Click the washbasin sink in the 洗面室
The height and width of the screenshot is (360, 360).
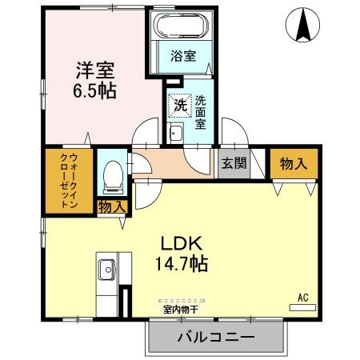coord(177,133)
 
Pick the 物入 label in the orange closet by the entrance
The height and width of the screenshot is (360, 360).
coord(293,163)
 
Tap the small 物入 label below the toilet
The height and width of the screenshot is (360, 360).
coord(112,207)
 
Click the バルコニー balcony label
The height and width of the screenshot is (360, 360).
coord(215,338)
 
